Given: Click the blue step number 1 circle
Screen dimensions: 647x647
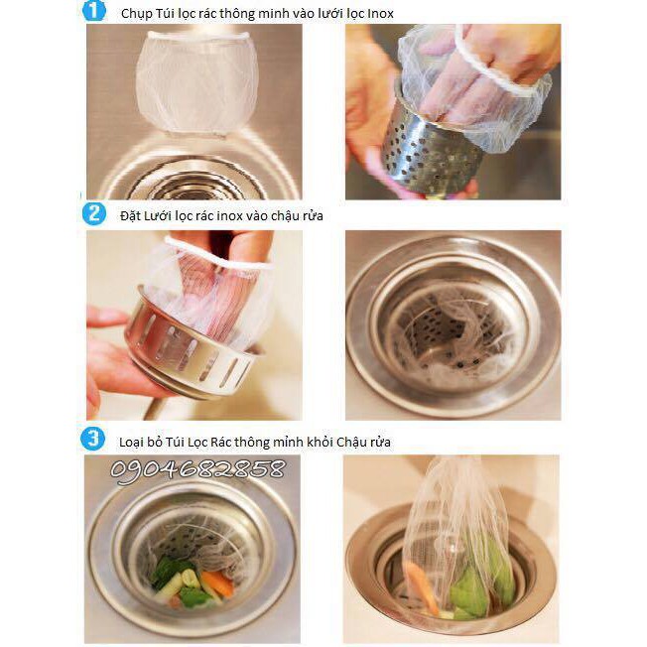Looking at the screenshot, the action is point(93,11).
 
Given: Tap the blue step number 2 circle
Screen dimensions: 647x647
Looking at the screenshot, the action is point(93,213).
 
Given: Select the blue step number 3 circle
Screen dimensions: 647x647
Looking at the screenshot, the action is point(93,439).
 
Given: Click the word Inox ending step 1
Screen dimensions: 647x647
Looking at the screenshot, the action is point(380,14).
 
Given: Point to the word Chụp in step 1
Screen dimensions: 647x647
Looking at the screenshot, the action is point(136,15).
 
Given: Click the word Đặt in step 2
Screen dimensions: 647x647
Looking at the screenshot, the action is point(130,215).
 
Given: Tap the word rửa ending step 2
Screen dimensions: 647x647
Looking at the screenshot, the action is point(313,215).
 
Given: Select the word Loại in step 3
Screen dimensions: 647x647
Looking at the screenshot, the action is point(132,443).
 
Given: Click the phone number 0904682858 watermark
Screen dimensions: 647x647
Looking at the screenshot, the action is point(197,470).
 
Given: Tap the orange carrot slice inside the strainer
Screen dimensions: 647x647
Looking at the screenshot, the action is point(217,582).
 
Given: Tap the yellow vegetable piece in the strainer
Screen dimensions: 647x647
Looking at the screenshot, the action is point(191,579).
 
